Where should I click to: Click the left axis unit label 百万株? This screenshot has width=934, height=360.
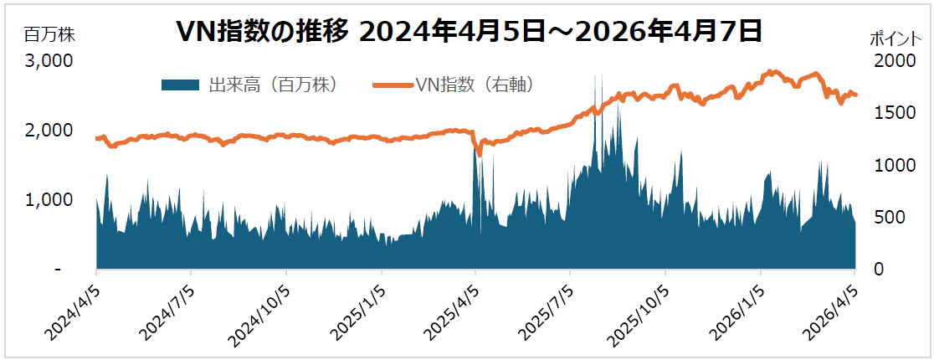click(x=50, y=34)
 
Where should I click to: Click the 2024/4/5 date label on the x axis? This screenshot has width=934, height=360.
click(x=72, y=310)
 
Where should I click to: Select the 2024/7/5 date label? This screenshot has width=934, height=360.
click(x=167, y=310)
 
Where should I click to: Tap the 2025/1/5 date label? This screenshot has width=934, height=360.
click(x=357, y=310)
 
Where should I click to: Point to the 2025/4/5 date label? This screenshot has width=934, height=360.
click(x=452, y=310)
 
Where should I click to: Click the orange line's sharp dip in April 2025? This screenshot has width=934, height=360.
click(x=480, y=154)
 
